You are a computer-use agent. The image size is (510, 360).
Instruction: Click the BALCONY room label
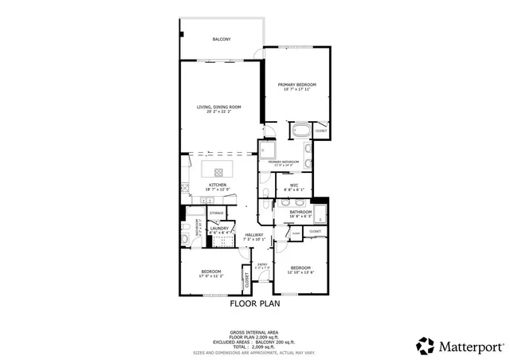(x=221, y=39)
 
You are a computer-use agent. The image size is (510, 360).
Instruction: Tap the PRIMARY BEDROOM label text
(x=296, y=84)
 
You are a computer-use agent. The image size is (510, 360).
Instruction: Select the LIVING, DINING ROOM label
(x=219, y=107)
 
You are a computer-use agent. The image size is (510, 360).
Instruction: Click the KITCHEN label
(x=218, y=185)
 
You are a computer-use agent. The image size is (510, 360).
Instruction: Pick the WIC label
(x=294, y=185)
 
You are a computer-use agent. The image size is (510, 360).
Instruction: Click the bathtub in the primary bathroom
(x=302, y=131)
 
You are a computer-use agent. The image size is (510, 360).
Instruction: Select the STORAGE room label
(x=216, y=213)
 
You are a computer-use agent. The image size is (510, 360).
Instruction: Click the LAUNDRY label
(x=218, y=229)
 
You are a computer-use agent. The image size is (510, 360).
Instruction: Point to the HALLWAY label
(x=254, y=234)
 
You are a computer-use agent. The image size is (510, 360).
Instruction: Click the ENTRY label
(x=262, y=263)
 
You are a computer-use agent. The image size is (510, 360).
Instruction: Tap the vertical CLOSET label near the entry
(x=247, y=280)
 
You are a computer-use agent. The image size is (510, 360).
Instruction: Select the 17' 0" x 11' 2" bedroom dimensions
(x=210, y=276)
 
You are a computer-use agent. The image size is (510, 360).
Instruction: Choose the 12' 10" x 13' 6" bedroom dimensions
(x=300, y=272)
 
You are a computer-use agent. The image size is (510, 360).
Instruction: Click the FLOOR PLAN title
(x=254, y=303)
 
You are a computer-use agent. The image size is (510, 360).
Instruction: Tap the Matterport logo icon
(x=425, y=346)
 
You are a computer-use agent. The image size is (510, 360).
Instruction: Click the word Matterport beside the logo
(x=470, y=346)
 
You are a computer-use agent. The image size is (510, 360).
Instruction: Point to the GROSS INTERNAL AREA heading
(x=254, y=331)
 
